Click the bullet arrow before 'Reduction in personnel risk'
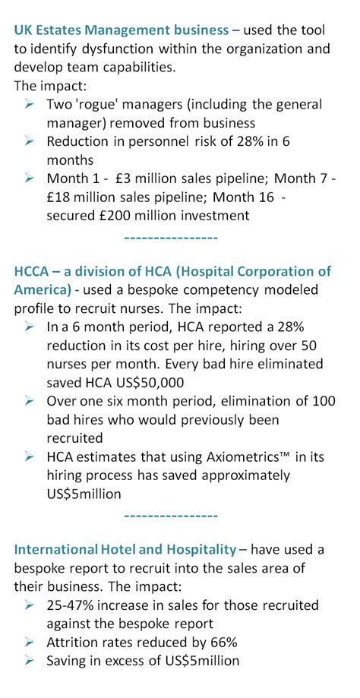point(30,141)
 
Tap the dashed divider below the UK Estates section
point(170,238)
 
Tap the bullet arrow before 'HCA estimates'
point(30,456)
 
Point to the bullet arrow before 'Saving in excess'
point(30,660)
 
